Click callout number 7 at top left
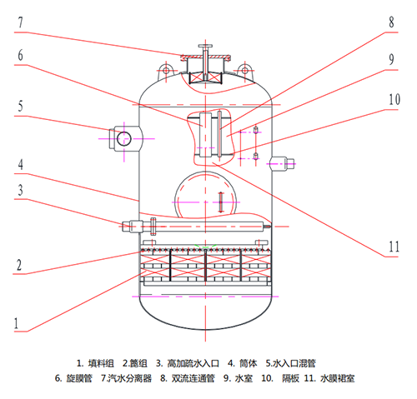click(20, 22)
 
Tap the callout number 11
click(394, 247)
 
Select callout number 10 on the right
click(394, 99)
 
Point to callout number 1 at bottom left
click(17, 323)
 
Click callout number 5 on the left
click(20, 106)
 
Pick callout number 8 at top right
click(391, 22)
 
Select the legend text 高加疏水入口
click(193, 363)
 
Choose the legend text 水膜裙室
click(338, 378)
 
